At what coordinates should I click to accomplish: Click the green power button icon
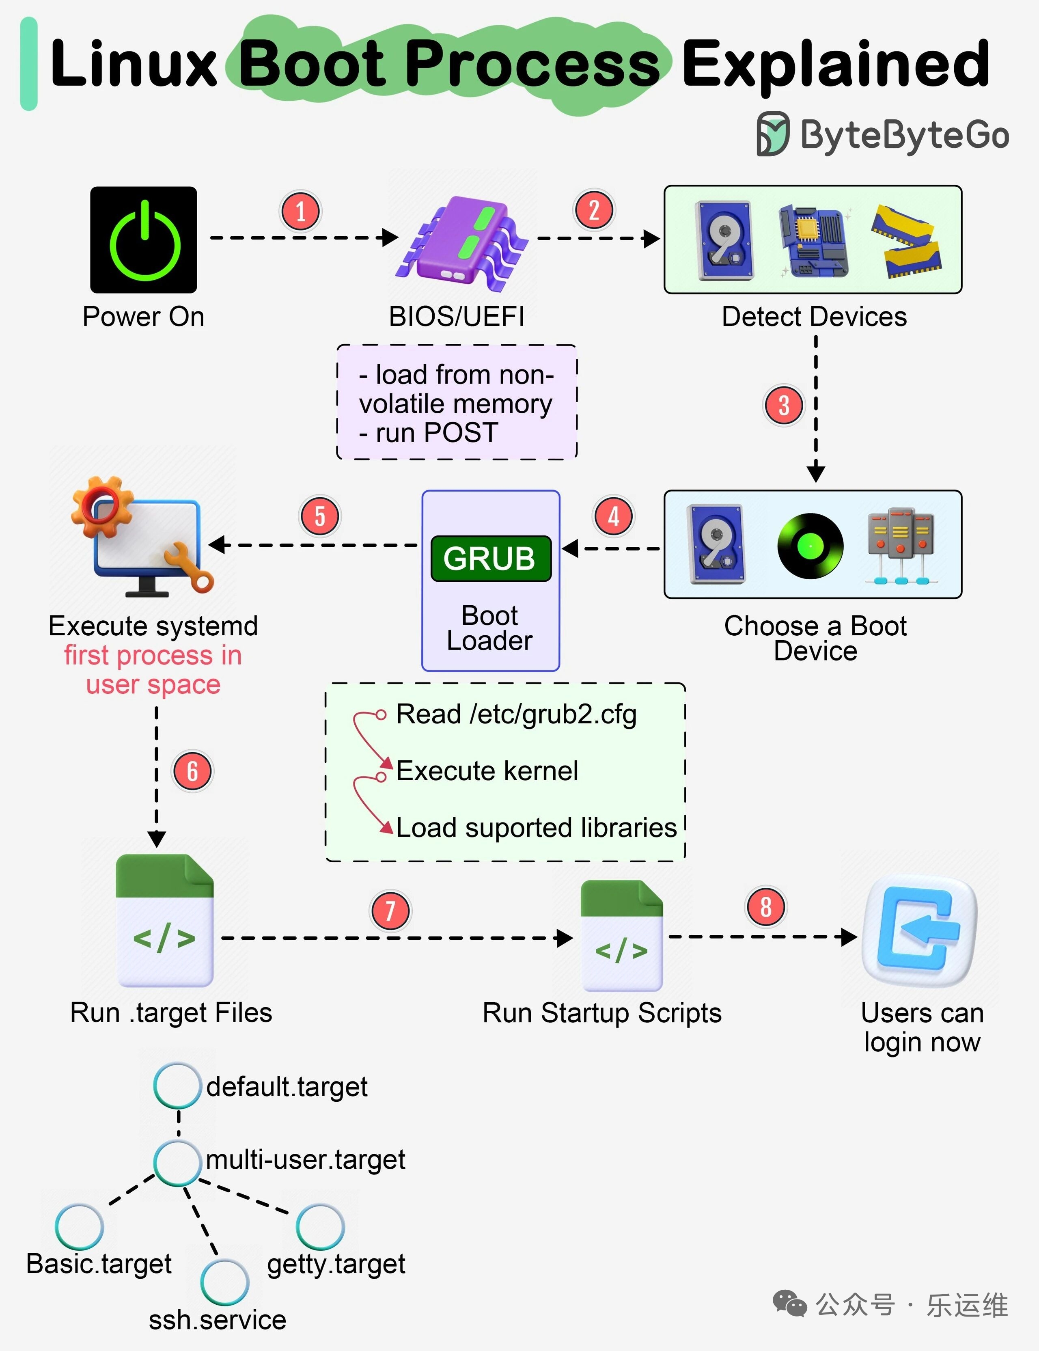[144, 240]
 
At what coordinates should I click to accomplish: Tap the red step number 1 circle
[301, 211]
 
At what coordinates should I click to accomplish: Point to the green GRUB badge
[490, 559]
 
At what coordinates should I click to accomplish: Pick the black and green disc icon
[810, 546]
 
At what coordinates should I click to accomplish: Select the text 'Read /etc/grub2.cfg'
[516, 714]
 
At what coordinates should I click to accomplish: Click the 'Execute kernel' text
[487, 771]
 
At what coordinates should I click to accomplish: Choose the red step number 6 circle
[192, 771]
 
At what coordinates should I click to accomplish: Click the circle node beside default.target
[177, 1086]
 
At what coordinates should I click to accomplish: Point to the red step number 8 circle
[765, 907]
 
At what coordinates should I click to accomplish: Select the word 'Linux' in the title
[133, 64]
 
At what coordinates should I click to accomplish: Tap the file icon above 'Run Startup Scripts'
[621, 935]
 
